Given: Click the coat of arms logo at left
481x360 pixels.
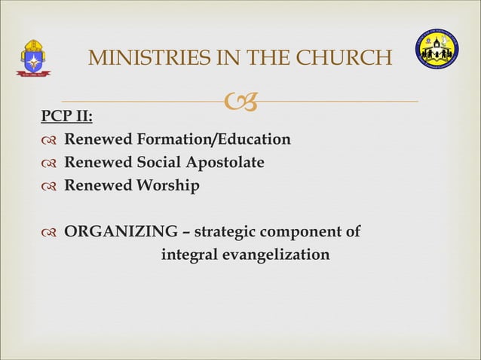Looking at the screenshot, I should click(x=33, y=59).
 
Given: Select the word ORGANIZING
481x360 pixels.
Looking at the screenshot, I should click(x=121, y=232).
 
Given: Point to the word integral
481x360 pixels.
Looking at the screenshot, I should click(x=189, y=255).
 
